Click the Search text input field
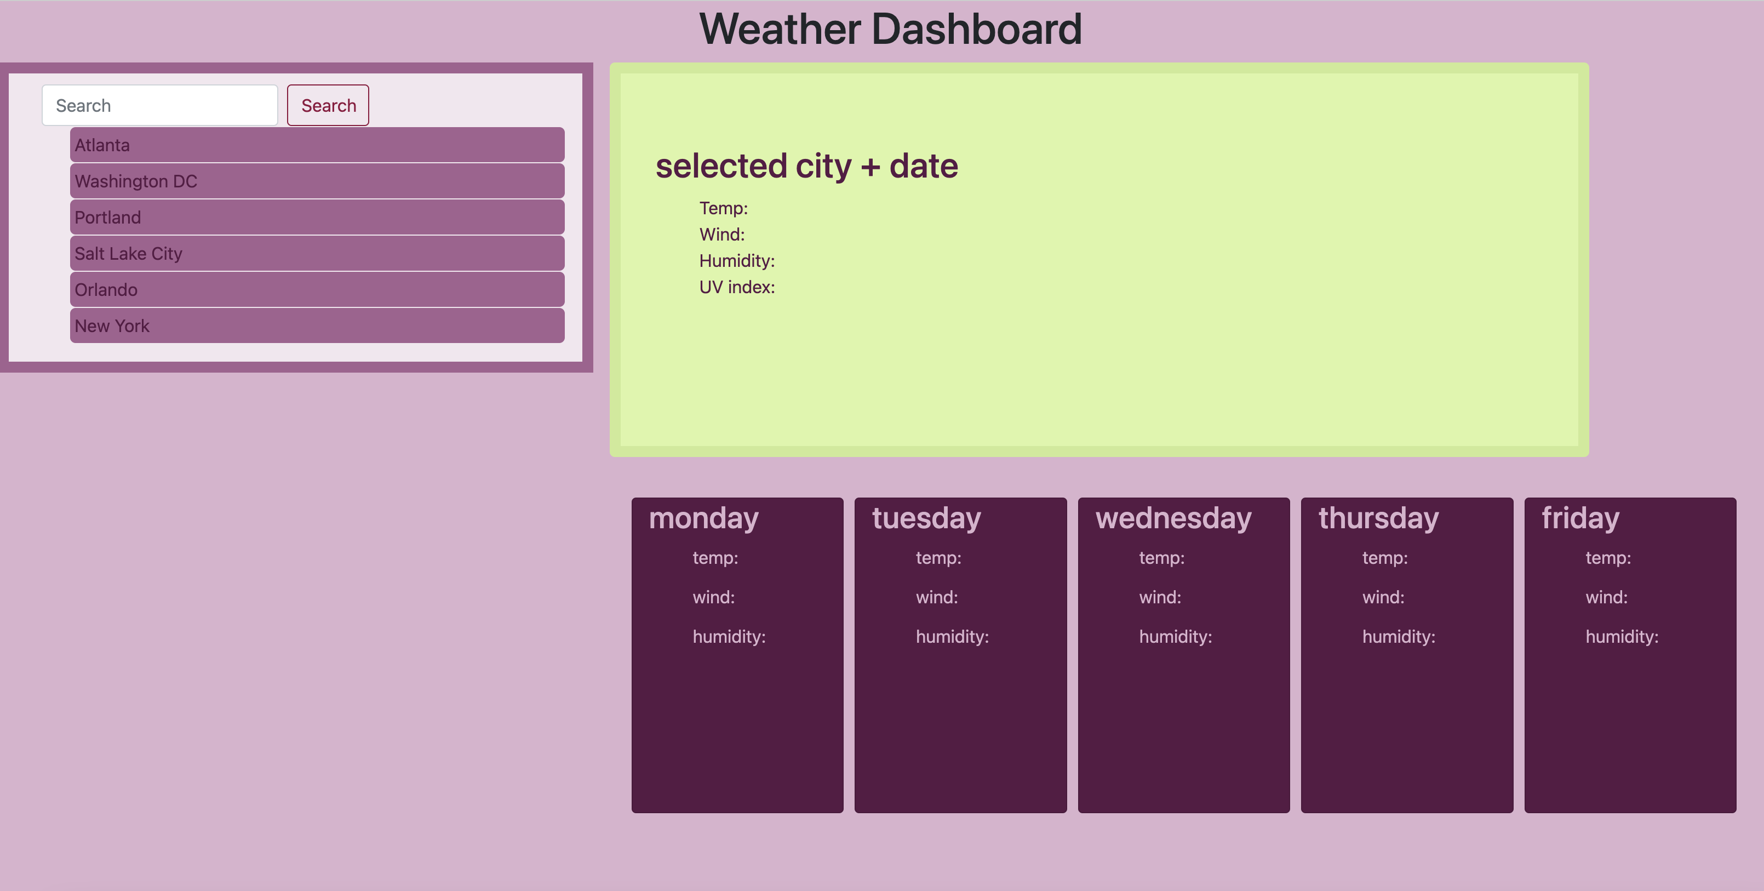tap(159, 105)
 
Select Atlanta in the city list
tap(317, 145)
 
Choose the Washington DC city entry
tap(317, 181)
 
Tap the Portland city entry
tap(317, 218)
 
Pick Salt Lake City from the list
tap(317, 254)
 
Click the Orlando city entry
tap(317, 290)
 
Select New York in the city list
tap(317, 326)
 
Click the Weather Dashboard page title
tap(890, 30)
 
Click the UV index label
tap(737, 288)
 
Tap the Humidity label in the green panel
tap(737, 261)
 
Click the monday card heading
tap(703, 518)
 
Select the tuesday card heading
tap(926, 518)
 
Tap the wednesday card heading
tap(1173, 518)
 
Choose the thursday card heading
tap(1378, 518)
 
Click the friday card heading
tap(1580, 518)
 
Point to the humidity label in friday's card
tap(1622, 637)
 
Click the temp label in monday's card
tap(715, 558)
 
